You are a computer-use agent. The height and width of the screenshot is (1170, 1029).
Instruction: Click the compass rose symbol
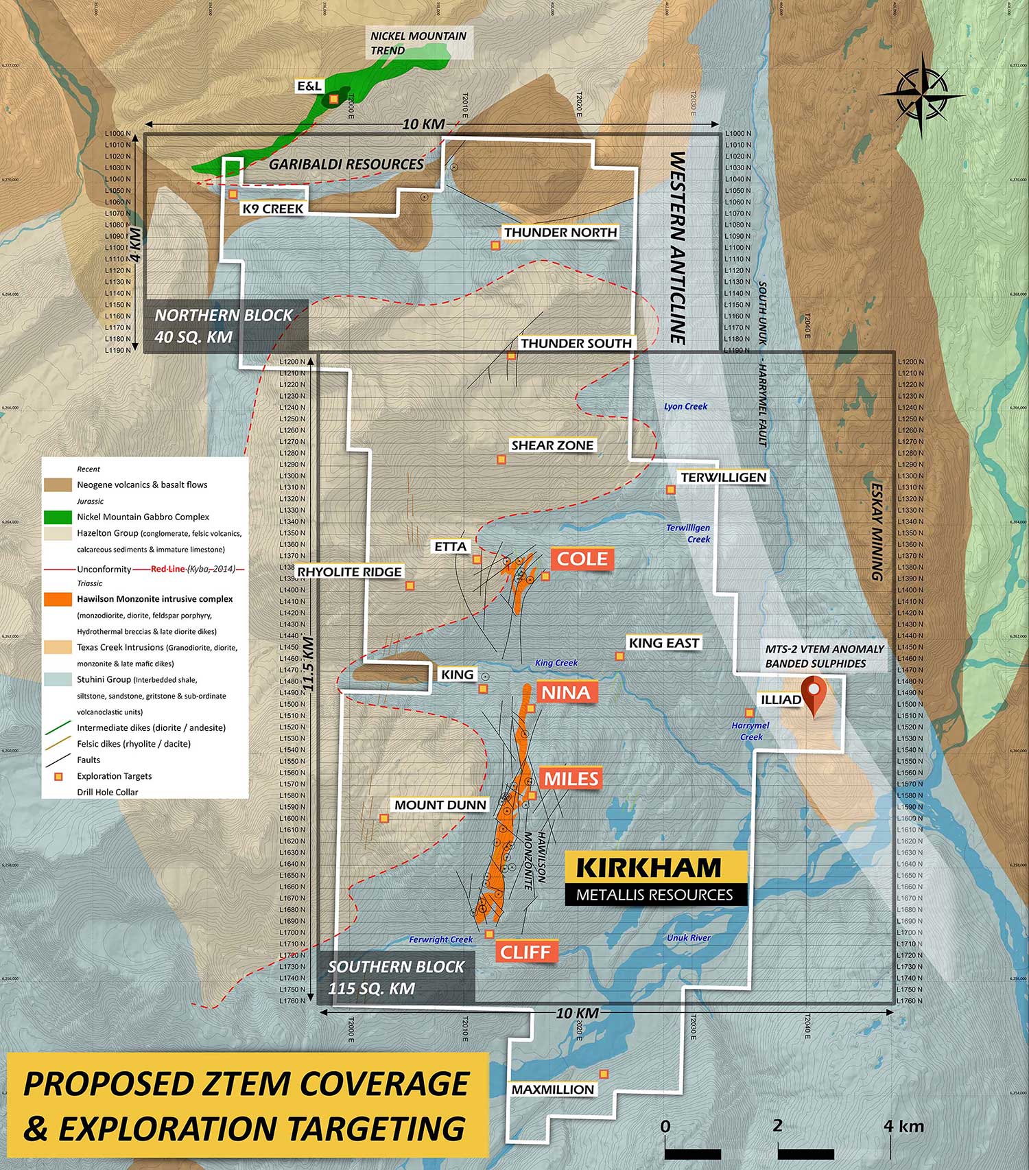(x=922, y=95)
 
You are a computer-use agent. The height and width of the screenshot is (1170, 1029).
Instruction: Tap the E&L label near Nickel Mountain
(x=309, y=86)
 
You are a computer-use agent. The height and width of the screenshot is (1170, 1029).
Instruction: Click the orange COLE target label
(x=582, y=559)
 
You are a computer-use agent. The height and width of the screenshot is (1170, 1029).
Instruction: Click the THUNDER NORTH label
(x=560, y=233)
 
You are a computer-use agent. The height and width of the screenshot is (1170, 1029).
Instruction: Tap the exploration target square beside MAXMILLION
(x=604, y=1074)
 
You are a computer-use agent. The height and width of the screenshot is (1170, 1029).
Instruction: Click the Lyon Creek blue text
(x=685, y=406)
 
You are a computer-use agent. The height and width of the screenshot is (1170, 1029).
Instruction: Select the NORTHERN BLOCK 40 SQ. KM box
(x=224, y=326)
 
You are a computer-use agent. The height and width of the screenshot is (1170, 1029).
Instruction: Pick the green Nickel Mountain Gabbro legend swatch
(x=58, y=517)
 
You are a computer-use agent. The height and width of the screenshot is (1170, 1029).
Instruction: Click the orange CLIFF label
(x=525, y=952)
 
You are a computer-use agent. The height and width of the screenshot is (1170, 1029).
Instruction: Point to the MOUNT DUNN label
(x=440, y=805)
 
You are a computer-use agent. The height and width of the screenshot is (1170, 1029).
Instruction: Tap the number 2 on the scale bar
(x=777, y=1125)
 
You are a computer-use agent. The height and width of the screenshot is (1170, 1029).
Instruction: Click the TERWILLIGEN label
(x=723, y=477)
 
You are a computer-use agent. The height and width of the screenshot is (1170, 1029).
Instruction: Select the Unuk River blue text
(x=688, y=937)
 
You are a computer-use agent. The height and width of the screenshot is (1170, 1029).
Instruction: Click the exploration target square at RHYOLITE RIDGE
(x=410, y=585)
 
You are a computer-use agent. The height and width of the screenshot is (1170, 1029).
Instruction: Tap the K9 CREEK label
(x=272, y=209)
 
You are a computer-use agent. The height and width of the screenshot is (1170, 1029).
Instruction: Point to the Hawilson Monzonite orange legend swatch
(x=58, y=599)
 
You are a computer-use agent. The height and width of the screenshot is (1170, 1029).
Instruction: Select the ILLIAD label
(x=781, y=699)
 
